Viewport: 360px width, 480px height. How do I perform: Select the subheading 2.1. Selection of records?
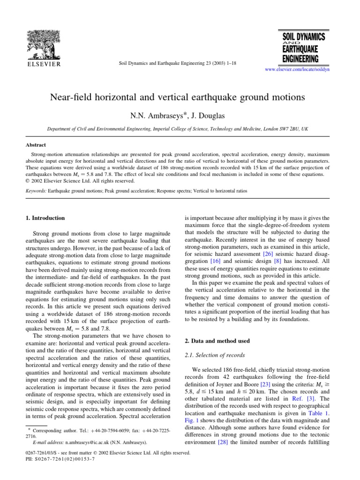click(212, 356)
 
